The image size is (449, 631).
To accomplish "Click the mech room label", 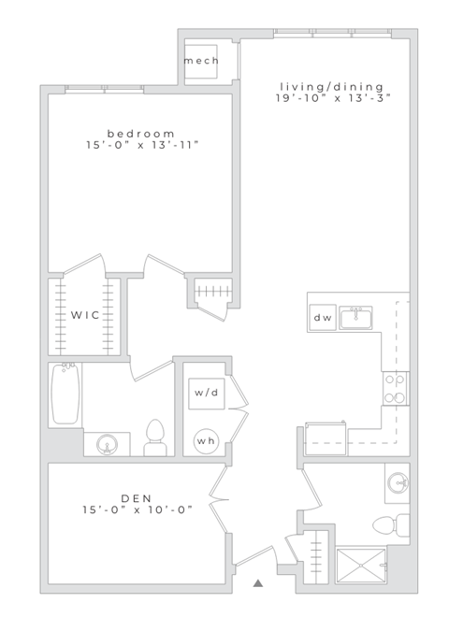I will pos(201,61).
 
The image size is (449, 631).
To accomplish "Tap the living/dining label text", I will pos(330,86).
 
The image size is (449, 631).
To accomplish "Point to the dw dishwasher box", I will pos(323,318).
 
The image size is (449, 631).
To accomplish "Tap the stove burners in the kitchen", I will pos(395,387).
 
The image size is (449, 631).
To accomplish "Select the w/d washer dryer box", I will pos(207,393).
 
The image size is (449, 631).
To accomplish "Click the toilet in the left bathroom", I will pos(154,437).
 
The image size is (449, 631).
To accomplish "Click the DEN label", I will pos(136,497).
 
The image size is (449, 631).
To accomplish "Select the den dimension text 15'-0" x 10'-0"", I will pos(136,510).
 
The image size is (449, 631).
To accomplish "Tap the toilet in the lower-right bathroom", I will pos(388,521).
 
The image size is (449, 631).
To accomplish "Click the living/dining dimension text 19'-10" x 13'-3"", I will pos(332,97).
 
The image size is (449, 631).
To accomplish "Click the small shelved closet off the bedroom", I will pos(209,293).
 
